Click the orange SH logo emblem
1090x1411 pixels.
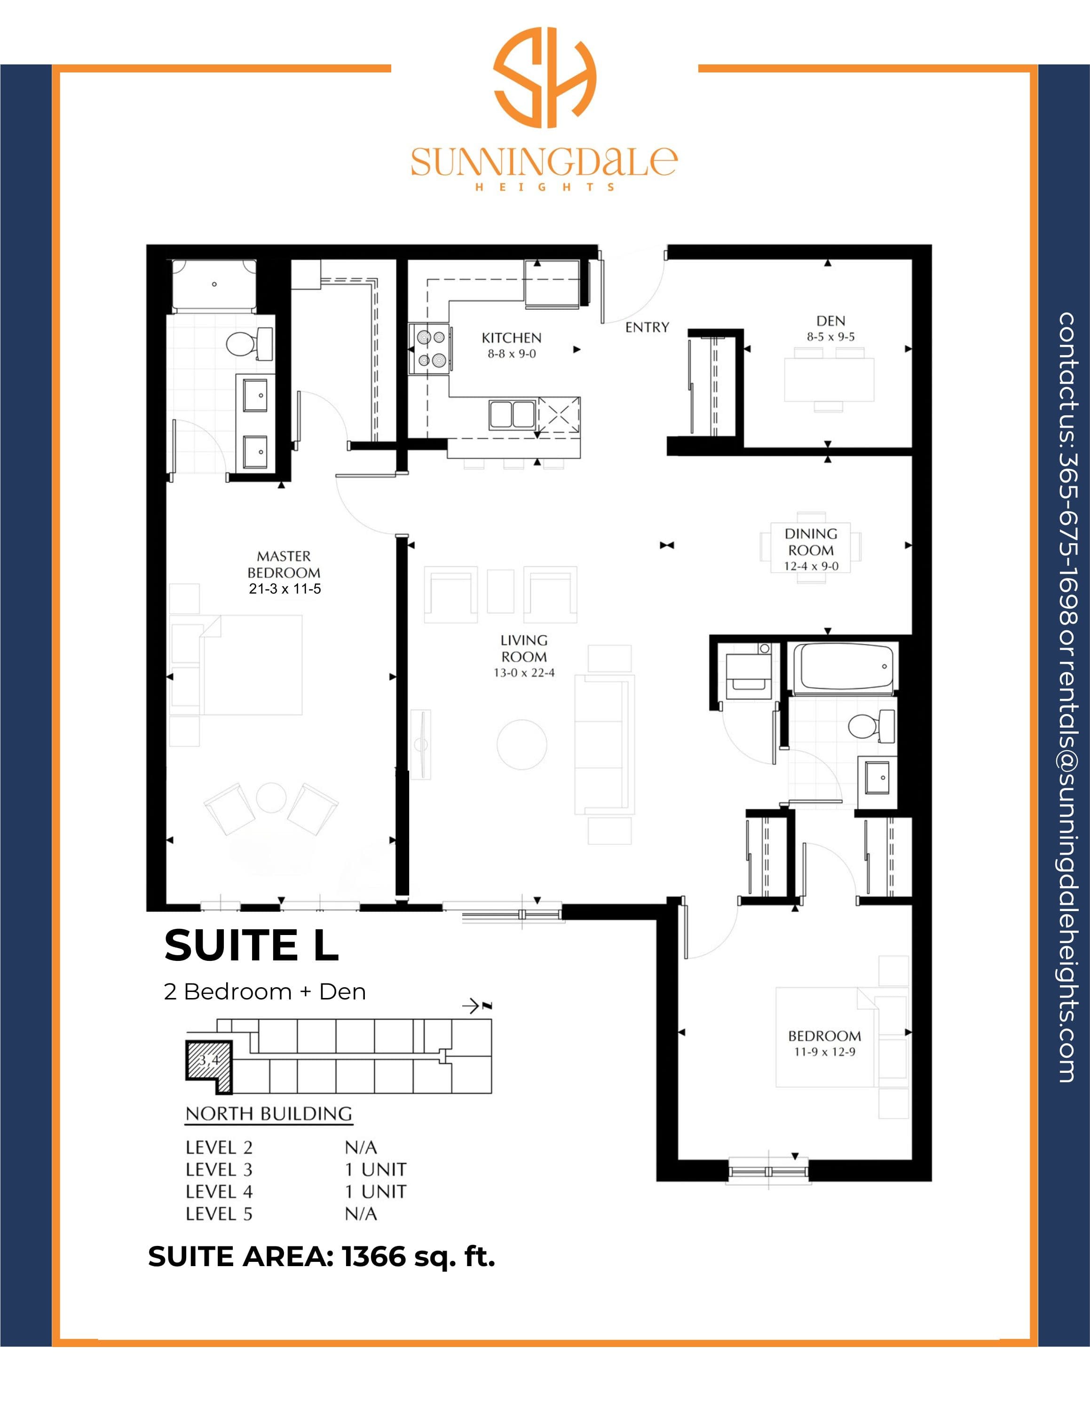[x=545, y=78]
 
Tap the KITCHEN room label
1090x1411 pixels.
[x=512, y=338]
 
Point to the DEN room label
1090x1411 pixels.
[x=830, y=321]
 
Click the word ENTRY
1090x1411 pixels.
[x=647, y=327]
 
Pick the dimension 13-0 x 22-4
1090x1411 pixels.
[x=524, y=673]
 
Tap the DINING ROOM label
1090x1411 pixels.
[x=811, y=542]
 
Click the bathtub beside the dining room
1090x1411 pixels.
[x=843, y=667]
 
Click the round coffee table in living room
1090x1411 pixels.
[x=522, y=744]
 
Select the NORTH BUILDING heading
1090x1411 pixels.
[x=269, y=1114]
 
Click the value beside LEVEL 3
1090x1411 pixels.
[x=375, y=1169]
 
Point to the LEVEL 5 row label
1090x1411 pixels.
[x=219, y=1214]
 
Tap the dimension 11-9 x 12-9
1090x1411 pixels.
[x=825, y=1052]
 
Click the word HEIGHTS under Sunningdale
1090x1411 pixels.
[x=545, y=187]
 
